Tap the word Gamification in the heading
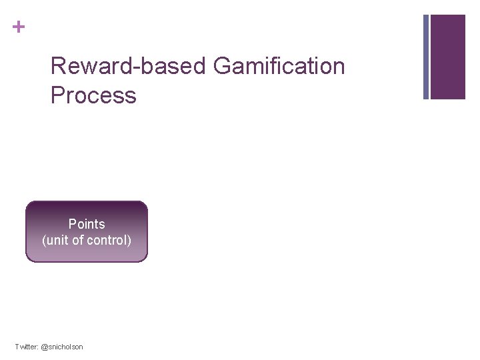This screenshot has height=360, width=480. (x=279, y=67)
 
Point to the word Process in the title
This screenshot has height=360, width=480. (x=93, y=95)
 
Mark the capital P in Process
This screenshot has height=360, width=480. (x=57, y=95)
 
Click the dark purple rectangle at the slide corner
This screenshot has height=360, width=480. (x=448, y=57)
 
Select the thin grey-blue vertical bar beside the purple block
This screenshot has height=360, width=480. (x=426, y=57)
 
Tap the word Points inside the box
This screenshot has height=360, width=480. (x=87, y=224)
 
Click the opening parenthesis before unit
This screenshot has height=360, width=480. (x=44, y=241)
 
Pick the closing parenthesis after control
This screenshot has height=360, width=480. (x=129, y=241)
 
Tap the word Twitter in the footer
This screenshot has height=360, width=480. (x=26, y=347)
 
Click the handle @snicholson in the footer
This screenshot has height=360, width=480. (x=62, y=347)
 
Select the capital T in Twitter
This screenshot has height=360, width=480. (x=17, y=347)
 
